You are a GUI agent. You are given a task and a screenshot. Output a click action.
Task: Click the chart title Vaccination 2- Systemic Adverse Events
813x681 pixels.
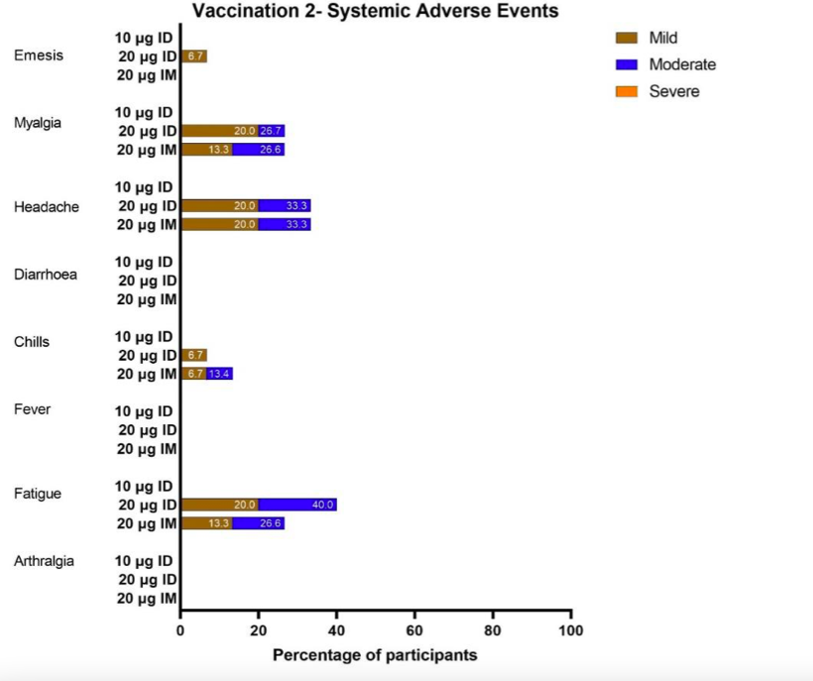[375, 12]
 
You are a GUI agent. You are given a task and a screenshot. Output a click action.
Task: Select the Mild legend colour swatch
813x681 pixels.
[627, 39]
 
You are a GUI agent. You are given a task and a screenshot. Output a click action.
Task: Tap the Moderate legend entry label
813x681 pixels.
[682, 64]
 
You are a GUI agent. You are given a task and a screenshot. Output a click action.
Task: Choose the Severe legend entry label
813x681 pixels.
[674, 91]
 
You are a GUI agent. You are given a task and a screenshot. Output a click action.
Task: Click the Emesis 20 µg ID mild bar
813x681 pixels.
[193, 57]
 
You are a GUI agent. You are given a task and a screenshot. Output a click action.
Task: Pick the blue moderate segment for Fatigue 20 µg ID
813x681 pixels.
[297, 505]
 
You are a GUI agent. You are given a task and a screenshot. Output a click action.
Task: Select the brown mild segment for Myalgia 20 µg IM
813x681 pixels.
[206, 150]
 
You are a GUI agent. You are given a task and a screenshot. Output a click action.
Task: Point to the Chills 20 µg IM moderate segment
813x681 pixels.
[219, 374]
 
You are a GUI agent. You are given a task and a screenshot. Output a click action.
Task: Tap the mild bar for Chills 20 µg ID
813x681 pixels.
[193, 355]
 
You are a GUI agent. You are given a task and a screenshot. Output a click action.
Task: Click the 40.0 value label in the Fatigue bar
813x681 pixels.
[323, 505]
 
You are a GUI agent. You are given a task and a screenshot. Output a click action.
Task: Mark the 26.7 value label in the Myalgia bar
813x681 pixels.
[272, 131]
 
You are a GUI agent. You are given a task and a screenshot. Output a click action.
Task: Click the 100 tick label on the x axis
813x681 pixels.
[571, 630]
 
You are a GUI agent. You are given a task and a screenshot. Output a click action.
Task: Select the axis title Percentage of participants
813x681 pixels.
[375, 655]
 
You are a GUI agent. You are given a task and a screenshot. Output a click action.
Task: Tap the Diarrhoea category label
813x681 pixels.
[46, 275]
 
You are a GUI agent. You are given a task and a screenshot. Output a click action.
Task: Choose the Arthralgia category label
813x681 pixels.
[44, 561]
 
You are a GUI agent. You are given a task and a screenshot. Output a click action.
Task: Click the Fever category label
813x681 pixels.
[32, 408]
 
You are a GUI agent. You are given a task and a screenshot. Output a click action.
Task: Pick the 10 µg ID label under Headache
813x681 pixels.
[145, 187]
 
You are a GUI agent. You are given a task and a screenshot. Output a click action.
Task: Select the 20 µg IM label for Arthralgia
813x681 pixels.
[147, 599]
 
